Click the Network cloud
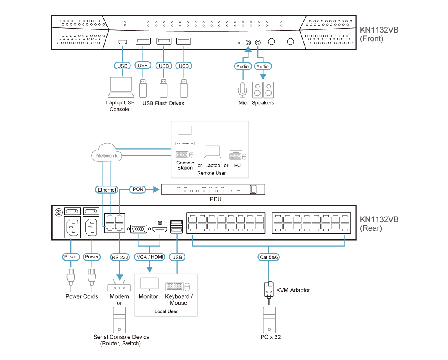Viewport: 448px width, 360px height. pyautogui.click(x=107, y=155)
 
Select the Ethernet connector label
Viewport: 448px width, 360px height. pyautogui.click(x=107, y=190)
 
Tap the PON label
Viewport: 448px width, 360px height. pyautogui.click(x=138, y=190)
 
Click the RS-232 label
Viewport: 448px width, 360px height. pyautogui.click(x=119, y=257)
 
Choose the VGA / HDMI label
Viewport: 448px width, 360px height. pyautogui.click(x=149, y=257)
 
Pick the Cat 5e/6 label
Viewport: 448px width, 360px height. pyautogui.click(x=269, y=258)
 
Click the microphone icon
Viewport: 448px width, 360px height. pyautogui.click(x=242, y=90)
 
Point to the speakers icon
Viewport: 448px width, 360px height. pyautogui.click(x=263, y=90)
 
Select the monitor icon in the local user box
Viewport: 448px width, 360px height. pyautogui.click(x=149, y=284)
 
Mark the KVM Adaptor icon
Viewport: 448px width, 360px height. pyautogui.click(x=269, y=290)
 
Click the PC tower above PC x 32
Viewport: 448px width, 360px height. pyautogui.click(x=269, y=320)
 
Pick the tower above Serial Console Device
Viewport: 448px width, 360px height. pyautogui.click(x=119, y=320)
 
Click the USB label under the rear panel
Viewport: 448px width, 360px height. pyautogui.click(x=177, y=257)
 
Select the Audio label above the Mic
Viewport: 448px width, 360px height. pyautogui.click(x=242, y=66)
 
